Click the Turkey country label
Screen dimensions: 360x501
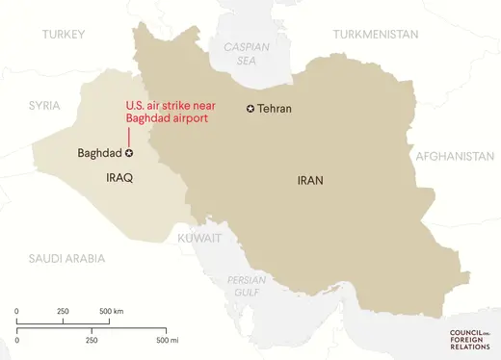coord(64,35)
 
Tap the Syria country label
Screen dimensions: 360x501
coord(44,104)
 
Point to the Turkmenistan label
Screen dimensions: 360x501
coord(376,35)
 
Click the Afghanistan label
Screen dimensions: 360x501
coord(455,155)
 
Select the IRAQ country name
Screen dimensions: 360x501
coord(119,179)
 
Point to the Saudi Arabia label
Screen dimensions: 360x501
coord(66,258)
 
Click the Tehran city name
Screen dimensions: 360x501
coord(275,109)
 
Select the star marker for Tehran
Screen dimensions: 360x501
coord(251,109)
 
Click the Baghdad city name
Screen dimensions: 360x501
coord(99,153)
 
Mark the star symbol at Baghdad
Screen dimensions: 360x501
coord(129,152)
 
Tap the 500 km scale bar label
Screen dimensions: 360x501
coord(112,312)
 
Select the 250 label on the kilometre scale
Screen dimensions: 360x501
coord(63,312)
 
